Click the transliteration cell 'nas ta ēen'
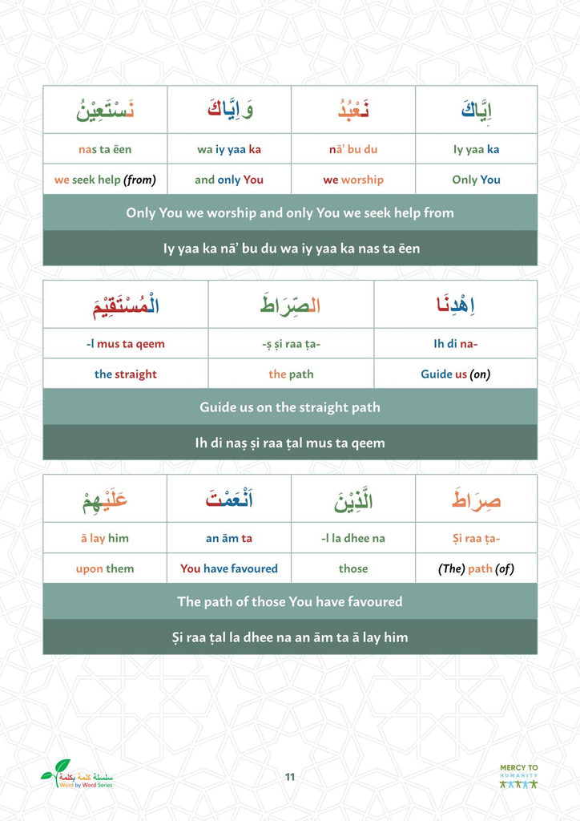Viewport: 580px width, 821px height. [x=105, y=149]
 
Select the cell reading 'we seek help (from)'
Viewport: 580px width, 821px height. [x=105, y=180]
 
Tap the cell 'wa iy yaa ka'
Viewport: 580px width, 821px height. [x=229, y=149]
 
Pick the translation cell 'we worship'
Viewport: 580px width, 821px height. [x=353, y=180]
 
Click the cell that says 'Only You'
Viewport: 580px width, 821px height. [x=476, y=180]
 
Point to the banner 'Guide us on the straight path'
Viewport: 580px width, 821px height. [x=290, y=407]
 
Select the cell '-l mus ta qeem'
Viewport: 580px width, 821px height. [x=126, y=344]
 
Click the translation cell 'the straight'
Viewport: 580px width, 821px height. [x=126, y=374]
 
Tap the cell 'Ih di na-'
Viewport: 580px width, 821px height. [x=455, y=344]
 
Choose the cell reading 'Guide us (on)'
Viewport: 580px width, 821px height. [x=455, y=374]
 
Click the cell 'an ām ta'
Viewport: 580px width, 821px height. [x=229, y=538]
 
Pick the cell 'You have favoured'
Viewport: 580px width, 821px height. [x=229, y=568]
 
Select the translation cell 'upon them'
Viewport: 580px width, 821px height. [x=105, y=568]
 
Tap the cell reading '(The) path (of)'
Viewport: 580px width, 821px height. [x=476, y=568]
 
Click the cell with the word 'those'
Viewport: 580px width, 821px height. [x=353, y=568]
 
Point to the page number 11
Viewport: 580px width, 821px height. [x=290, y=776]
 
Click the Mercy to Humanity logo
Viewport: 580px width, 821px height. [x=518, y=776]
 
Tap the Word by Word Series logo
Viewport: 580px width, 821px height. [x=77, y=774]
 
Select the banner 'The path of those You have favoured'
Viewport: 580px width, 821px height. [x=290, y=601]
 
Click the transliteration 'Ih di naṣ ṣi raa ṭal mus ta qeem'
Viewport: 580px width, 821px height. [x=290, y=443]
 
